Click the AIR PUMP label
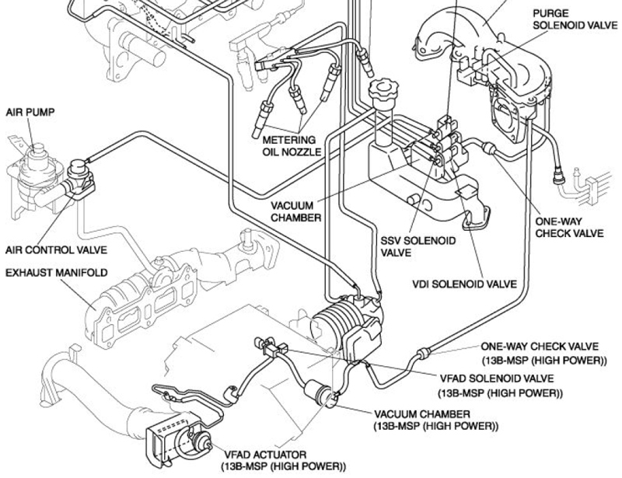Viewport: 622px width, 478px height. pyautogui.click(x=30, y=113)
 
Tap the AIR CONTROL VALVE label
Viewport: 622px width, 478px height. pyautogui.click(x=56, y=250)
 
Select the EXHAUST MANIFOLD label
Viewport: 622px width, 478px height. pyautogui.click(x=56, y=273)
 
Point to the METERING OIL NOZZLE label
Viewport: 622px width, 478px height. pyautogui.click(x=292, y=146)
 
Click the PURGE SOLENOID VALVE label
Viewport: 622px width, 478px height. pyautogui.click(x=575, y=19)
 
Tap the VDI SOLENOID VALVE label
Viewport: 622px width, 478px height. pyautogui.click(x=464, y=284)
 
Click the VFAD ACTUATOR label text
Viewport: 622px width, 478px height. pyautogui.click(x=283, y=461)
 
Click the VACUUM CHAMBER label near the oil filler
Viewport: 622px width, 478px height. pyautogui.click(x=296, y=211)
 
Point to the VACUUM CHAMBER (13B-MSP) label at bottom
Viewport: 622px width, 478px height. pyautogui.click(x=436, y=420)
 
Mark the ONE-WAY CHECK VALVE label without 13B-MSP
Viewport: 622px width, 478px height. pyautogui.click(x=569, y=227)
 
